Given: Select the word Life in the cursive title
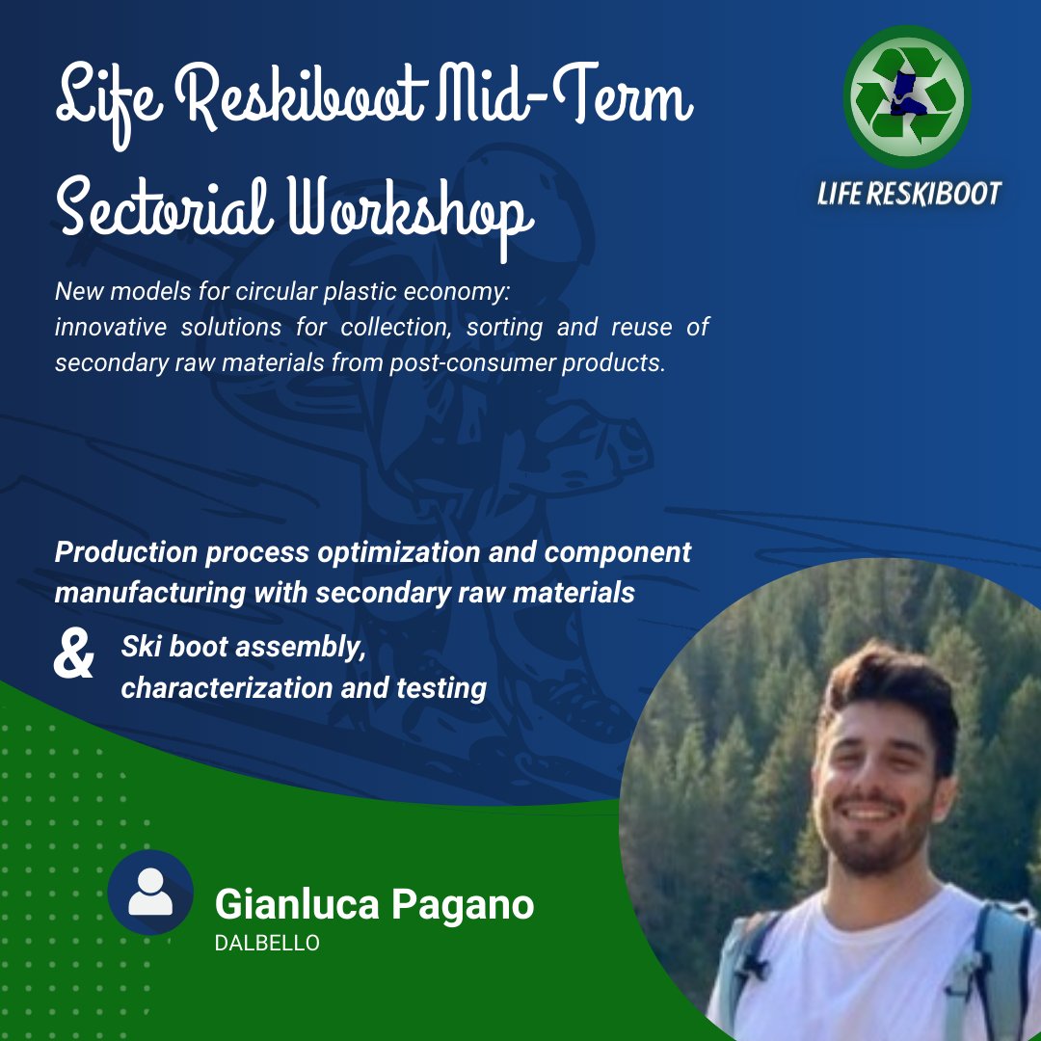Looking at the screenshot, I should coord(105,100).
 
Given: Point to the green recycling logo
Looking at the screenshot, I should coord(906,96).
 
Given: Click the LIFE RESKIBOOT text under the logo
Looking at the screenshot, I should coord(909,193).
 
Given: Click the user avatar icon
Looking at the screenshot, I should coord(150,893).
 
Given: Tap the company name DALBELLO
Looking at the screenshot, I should coord(267,944).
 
